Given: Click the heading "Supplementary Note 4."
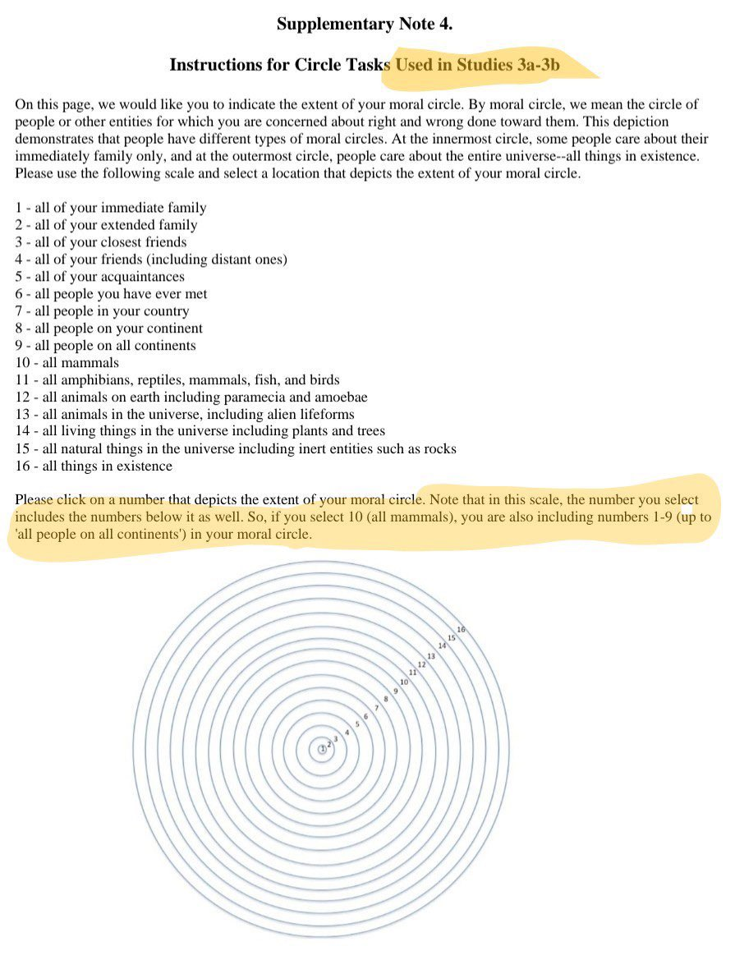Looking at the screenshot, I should tap(365, 24).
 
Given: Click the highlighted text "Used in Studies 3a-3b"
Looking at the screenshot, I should tap(478, 65).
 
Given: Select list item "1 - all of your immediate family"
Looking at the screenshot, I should tap(111, 208).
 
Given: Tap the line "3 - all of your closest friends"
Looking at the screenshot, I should tap(101, 242).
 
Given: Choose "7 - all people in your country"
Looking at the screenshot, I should tap(103, 311).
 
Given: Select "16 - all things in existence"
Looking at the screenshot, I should tap(94, 466).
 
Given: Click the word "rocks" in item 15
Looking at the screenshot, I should tap(439, 449).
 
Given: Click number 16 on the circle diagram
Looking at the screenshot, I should tap(461, 630).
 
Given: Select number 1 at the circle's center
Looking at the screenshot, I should tap(322, 749).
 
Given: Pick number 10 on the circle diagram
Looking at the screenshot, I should tap(404, 682).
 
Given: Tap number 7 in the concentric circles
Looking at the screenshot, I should tap(376, 708).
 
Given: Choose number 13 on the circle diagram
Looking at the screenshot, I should tap(431, 656).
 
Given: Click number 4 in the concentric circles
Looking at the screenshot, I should tap(347, 733).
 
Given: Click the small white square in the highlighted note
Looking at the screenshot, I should tap(687, 510).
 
